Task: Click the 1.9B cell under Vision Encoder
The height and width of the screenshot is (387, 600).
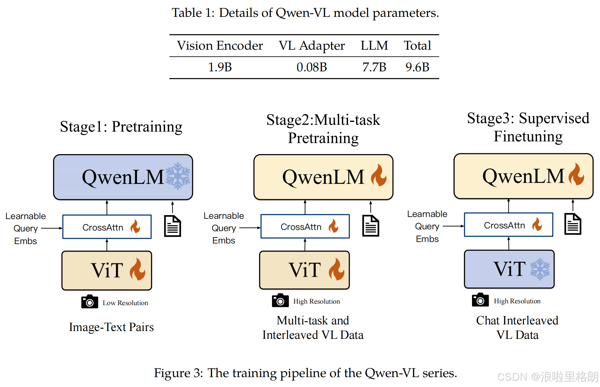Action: point(220,67)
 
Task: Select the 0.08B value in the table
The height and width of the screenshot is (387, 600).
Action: point(311,67)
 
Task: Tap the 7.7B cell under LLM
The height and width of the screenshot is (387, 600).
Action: point(374,67)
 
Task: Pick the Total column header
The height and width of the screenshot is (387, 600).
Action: point(417,45)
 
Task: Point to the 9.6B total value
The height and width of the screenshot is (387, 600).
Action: point(417,67)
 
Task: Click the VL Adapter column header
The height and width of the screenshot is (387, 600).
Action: point(311,45)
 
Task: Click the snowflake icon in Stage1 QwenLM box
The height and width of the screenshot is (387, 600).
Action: point(178,176)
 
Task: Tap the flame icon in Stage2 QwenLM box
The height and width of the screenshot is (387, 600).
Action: point(379,175)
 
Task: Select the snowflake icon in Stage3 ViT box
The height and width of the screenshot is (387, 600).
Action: point(540,269)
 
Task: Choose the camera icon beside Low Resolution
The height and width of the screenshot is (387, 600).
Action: point(89,302)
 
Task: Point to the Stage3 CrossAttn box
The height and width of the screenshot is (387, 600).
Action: point(508,225)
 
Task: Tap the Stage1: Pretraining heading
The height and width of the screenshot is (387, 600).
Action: point(121,127)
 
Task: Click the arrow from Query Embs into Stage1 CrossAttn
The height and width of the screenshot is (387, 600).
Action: point(52,228)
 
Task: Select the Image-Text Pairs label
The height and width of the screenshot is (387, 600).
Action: point(111,327)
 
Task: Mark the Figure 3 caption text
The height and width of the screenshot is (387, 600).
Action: point(305,373)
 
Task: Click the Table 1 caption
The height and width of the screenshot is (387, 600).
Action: point(305,13)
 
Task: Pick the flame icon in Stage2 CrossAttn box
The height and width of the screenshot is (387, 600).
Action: point(333,226)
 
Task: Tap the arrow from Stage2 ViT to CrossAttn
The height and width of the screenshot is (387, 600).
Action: point(305,244)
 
